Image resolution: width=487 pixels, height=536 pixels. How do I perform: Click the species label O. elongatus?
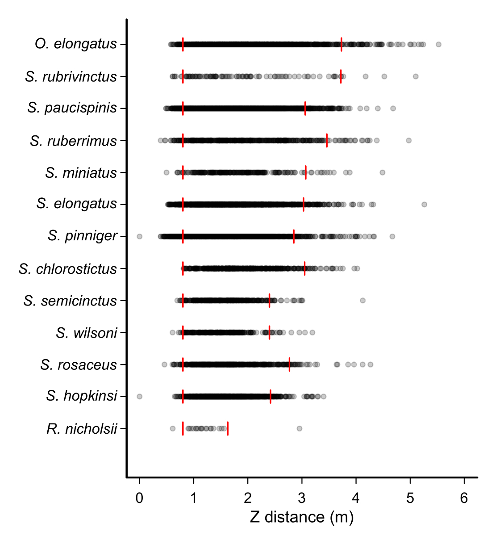coord(76,44)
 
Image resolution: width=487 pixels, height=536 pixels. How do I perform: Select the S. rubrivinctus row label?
coord(71,77)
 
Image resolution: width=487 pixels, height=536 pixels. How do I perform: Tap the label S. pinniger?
coord(83,236)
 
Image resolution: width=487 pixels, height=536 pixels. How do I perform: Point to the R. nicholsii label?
coord(82,429)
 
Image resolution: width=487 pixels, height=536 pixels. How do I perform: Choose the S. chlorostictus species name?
coord(68,269)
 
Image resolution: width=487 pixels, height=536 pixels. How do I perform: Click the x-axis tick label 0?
coord(139,498)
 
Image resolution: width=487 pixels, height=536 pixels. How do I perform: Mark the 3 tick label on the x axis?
coord(302,498)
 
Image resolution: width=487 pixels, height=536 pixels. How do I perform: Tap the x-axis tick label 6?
coord(464,498)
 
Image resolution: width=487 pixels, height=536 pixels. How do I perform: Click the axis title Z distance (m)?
coord(302,517)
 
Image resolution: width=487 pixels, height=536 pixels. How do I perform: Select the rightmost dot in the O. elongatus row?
coord(438,44)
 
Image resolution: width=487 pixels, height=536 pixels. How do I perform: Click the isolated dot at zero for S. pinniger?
coord(139,236)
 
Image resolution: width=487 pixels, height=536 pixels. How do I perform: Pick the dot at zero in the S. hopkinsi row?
coord(139,397)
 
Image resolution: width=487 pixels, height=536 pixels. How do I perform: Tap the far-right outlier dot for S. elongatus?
coord(424,205)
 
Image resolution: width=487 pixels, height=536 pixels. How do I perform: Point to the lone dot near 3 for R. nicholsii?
coord(299,429)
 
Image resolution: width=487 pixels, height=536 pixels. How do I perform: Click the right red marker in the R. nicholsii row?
coord(228,428)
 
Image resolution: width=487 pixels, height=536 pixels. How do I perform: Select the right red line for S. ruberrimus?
coord(327,140)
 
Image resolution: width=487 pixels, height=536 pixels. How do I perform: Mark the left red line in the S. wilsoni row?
coord(183,333)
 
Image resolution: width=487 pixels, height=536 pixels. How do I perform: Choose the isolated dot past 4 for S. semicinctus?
coord(362,300)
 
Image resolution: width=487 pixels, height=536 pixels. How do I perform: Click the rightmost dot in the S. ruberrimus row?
coord(408,141)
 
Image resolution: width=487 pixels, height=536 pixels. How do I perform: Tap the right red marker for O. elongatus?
coord(341,44)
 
